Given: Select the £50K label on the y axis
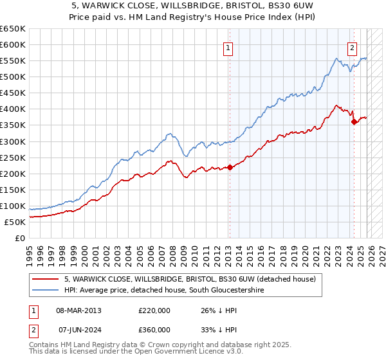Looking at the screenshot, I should [x=15, y=222].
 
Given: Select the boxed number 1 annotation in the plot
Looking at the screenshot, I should [x=228, y=46].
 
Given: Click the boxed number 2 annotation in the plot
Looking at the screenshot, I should [x=353, y=46].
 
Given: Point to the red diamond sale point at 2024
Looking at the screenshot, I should [x=354, y=122].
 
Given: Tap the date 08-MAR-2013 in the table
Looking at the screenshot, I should [x=79, y=310].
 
